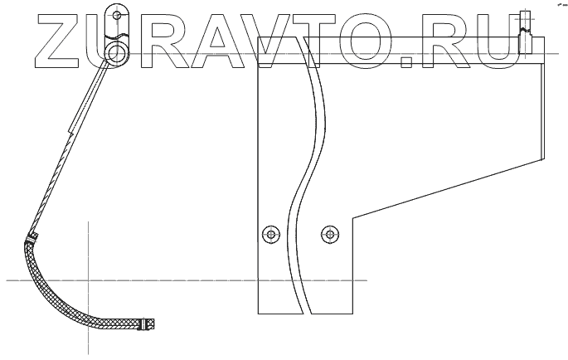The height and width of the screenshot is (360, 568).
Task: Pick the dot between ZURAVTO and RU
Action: tap(405, 61)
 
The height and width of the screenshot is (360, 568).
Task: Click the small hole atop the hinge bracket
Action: tap(118, 15)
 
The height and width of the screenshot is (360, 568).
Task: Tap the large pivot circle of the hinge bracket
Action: tap(115, 53)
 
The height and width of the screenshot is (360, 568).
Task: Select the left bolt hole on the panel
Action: tap(269, 234)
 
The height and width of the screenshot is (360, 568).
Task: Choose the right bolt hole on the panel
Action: tap(330, 234)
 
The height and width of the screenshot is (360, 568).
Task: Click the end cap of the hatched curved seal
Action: tap(148, 324)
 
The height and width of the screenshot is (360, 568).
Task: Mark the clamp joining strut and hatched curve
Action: tap(32, 238)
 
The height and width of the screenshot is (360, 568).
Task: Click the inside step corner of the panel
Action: tap(354, 218)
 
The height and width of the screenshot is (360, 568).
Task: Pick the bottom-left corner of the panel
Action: tap(259, 313)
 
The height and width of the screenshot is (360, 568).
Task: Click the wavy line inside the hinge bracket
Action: tap(118, 35)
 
